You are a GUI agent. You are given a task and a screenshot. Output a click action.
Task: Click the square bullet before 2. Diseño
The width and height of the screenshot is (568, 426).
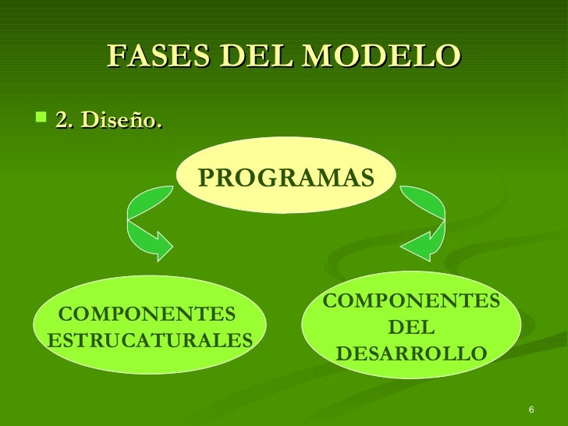pos(41,119)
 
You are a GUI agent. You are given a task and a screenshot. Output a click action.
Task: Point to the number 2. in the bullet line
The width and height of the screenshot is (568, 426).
pos(64,121)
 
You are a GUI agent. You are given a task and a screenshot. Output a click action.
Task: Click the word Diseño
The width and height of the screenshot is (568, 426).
pos(122,121)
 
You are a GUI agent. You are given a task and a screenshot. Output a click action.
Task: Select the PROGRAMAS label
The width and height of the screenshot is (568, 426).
pos(286,178)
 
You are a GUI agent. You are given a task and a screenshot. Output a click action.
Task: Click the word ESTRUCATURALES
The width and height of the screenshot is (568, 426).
pos(150,340)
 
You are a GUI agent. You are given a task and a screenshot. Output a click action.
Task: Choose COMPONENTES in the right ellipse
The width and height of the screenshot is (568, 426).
pos(411,300)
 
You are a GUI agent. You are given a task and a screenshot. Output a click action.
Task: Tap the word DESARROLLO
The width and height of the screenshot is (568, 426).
pos(411,354)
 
